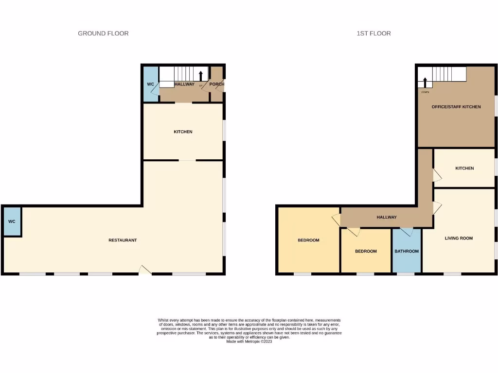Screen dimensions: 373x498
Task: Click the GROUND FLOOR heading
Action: [103, 34]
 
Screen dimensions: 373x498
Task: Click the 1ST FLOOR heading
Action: [373, 34]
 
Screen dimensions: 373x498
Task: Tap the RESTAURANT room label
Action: [123, 240]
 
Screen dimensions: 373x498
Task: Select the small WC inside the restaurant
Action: [12, 221]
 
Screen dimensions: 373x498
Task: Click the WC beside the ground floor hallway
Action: [151, 84]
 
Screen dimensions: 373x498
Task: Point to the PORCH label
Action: [217, 84]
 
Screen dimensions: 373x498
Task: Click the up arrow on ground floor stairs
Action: [201, 75]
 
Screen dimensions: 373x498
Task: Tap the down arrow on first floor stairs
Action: [425, 83]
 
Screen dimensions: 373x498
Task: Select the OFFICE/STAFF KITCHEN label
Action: [456, 106]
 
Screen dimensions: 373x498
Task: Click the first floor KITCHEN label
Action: [464, 168]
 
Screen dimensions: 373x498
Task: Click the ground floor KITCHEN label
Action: [183, 132]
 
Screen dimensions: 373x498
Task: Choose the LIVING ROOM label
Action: [459, 238]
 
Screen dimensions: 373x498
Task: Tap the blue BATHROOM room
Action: [407, 251]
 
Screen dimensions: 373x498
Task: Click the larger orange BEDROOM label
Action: [308, 240]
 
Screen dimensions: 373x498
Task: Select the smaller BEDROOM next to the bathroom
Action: [366, 251]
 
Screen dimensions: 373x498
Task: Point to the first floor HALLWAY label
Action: [387, 217]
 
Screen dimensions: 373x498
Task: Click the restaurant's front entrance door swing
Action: [145, 270]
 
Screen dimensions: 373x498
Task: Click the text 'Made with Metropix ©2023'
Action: [249, 341]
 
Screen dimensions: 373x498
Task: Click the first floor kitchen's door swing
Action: [437, 176]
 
